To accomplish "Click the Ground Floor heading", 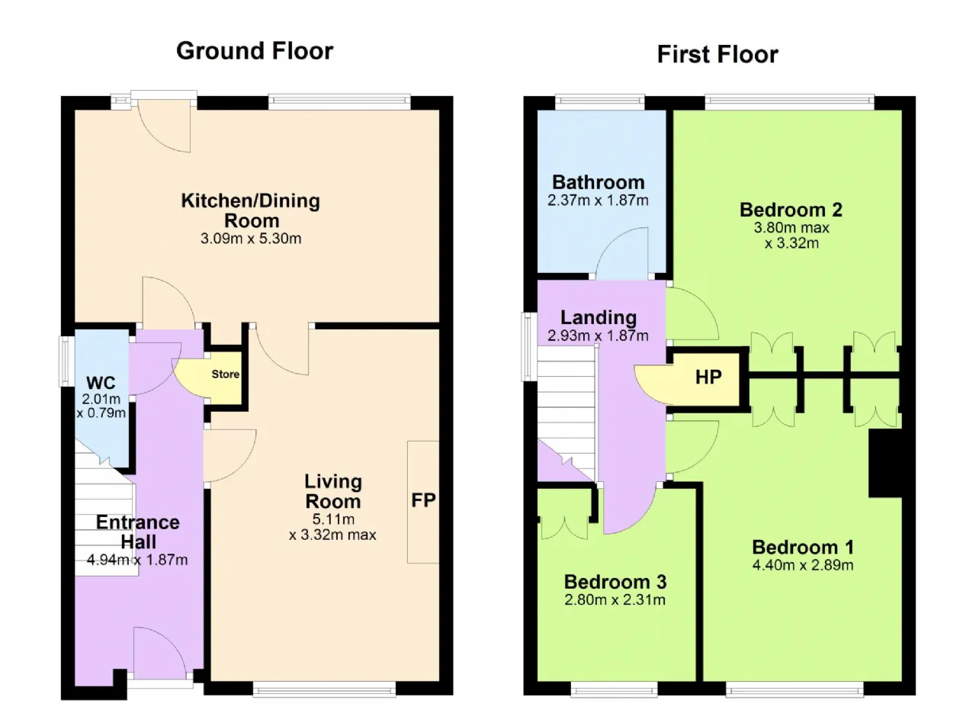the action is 255,51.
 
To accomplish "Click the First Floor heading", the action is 718,54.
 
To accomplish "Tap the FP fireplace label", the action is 423,500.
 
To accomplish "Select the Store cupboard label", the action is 225,374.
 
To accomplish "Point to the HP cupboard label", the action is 708,377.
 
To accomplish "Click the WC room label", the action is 101,383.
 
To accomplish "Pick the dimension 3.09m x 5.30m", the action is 251,239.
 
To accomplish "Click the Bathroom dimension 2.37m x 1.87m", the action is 598,201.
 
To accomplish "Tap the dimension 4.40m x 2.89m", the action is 803,565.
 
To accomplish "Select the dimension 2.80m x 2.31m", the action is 615,600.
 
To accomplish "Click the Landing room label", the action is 599,317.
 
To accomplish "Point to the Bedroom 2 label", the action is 791,210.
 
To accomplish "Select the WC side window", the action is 66,361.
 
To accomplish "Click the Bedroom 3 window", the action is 614,689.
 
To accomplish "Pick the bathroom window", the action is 600,102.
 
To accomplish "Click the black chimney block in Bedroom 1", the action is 885,464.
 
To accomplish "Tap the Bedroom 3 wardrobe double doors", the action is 565,528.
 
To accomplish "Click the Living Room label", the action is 333,492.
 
